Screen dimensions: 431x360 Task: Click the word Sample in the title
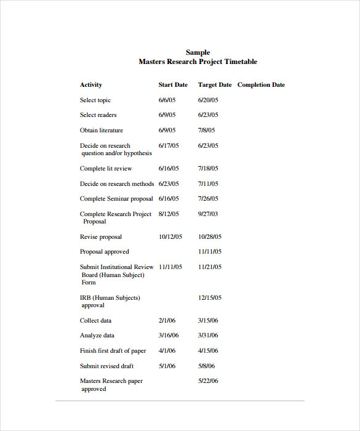coord(198,53)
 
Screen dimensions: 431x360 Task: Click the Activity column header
coord(91,85)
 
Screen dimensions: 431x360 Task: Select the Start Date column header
coord(173,85)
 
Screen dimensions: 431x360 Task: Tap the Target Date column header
coord(215,85)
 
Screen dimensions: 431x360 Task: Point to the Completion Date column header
coord(261,85)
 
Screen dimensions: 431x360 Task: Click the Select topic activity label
coord(95,100)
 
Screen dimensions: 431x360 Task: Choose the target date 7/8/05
coord(206,131)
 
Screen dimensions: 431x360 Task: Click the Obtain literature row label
coord(102,131)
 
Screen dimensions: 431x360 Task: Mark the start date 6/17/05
coord(169,146)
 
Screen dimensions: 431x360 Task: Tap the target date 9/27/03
coord(208,214)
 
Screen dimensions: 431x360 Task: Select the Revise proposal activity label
coord(101,237)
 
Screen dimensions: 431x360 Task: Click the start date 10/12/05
coord(170,237)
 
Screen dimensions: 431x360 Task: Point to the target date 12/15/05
coord(210,298)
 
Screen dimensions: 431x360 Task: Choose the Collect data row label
coord(96,321)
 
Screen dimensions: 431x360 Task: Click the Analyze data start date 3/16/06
coord(169,336)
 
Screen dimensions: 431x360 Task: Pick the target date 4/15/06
coord(208,351)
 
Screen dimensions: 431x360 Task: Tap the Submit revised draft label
coord(106,366)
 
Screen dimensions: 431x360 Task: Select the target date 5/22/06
coord(208,381)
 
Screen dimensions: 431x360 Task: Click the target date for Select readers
coord(208,115)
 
